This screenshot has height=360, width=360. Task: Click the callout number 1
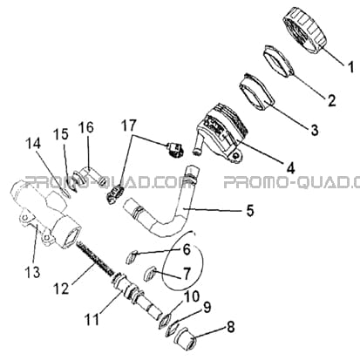pyautogui.click(x=351, y=66)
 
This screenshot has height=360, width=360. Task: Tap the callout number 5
pyautogui.click(x=250, y=210)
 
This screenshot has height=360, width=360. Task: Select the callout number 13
pyautogui.click(x=32, y=272)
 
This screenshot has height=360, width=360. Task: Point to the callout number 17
pyautogui.click(x=129, y=126)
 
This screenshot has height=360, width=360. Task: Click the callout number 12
pyautogui.click(x=61, y=288)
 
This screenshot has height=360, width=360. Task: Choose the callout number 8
pyautogui.click(x=230, y=327)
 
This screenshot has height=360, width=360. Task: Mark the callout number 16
pyautogui.click(x=87, y=127)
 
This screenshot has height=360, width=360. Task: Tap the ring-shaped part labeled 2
pyautogui.click(x=280, y=61)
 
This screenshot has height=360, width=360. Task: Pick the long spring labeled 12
pyautogui.click(x=95, y=260)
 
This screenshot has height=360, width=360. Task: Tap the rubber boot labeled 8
pyautogui.click(x=185, y=338)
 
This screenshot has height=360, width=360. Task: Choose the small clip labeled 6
pyautogui.click(x=132, y=257)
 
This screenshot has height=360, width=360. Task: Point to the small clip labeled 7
pyautogui.click(x=150, y=274)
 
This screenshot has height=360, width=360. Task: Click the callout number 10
pyautogui.click(x=191, y=297)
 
